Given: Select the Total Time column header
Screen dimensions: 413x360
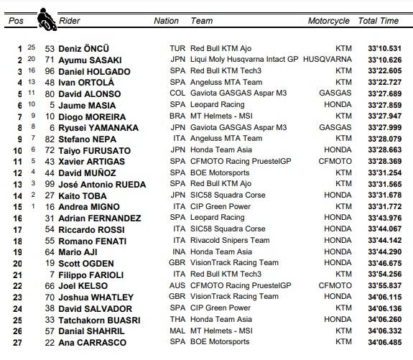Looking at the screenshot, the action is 378,21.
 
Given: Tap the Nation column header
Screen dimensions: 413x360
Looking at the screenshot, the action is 166,21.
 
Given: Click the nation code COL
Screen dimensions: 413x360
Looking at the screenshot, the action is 177,93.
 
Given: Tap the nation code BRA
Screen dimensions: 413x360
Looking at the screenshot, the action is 177,116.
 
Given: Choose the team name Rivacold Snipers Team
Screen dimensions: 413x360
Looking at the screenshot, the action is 229,241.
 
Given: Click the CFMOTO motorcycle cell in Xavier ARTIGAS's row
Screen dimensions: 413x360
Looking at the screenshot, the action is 334,162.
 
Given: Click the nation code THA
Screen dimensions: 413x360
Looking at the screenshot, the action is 177,320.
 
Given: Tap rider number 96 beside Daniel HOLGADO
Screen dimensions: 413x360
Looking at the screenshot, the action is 50,71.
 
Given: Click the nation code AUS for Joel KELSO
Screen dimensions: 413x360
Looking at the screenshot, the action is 177,285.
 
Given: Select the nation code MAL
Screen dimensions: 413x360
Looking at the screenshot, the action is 177,331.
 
